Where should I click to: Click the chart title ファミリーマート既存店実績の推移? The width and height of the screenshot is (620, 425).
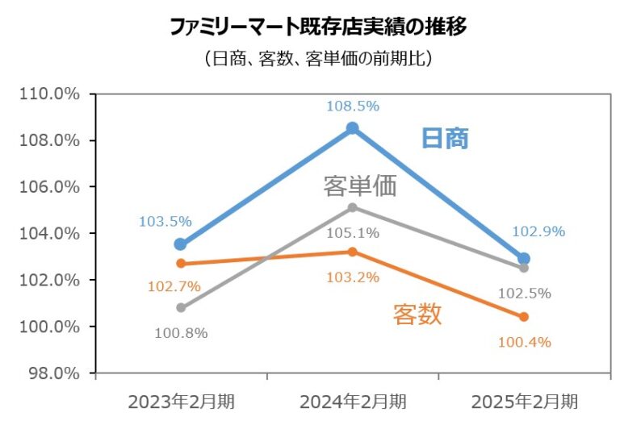(x=318, y=26)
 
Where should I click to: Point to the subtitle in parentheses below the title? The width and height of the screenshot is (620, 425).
(x=318, y=58)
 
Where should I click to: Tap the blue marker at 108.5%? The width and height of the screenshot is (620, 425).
(x=353, y=128)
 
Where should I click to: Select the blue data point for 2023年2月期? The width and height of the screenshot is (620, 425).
(x=181, y=244)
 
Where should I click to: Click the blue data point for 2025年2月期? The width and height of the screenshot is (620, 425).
(x=524, y=259)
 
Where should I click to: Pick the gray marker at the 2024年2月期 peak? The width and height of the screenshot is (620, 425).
(x=353, y=207)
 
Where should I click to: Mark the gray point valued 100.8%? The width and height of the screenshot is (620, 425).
(x=181, y=307)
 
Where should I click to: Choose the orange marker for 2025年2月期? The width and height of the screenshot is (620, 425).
(x=524, y=317)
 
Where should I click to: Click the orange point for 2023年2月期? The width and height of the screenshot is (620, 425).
(x=181, y=263)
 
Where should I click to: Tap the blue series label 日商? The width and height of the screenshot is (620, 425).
(x=445, y=138)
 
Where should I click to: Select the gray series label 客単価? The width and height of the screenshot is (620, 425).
(x=360, y=186)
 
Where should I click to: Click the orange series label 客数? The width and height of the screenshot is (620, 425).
(x=417, y=314)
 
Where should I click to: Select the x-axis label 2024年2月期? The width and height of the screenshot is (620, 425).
(x=353, y=401)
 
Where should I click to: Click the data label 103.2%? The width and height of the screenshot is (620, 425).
(x=353, y=277)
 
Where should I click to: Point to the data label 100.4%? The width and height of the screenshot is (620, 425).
(x=524, y=342)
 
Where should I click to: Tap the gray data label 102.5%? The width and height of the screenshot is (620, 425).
(x=524, y=294)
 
